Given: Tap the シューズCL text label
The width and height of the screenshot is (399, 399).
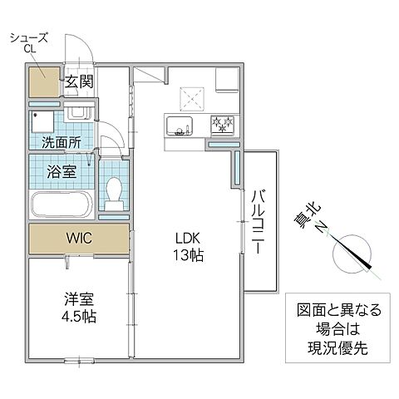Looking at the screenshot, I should click(x=25, y=43).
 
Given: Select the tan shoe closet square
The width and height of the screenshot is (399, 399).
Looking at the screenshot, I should click(x=45, y=82).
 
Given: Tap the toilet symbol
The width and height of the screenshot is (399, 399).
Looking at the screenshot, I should click(x=115, y=190).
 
